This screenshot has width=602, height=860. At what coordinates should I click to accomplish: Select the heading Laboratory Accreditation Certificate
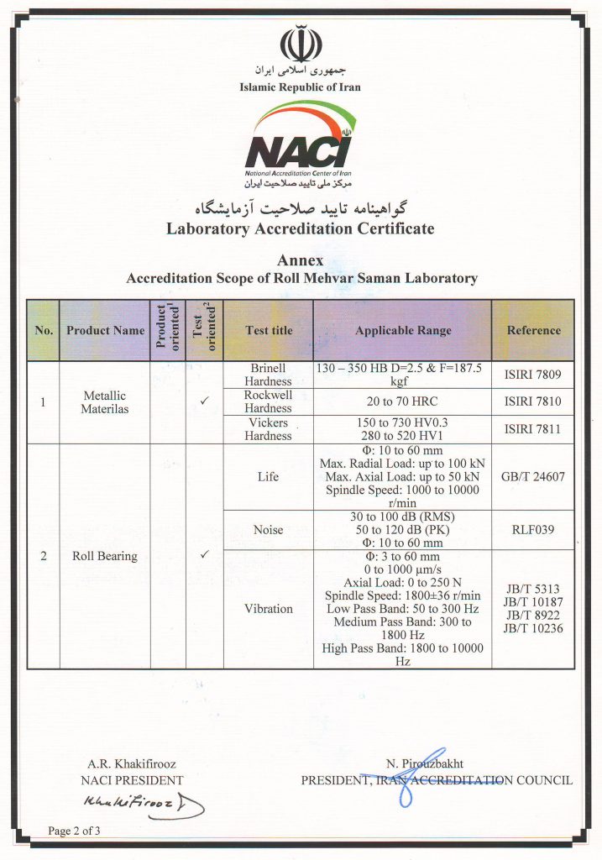pos(300,228)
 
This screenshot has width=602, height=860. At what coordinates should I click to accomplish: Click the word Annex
pos(300,261)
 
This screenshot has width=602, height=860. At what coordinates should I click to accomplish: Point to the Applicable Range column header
pos(403,331)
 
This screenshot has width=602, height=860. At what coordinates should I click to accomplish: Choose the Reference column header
pos(533,331)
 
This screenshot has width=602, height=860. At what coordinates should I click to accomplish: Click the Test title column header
pos(269,331)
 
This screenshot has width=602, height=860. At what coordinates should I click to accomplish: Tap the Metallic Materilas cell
pos(105,402)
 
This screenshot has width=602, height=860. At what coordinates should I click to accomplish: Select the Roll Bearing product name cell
pos(105,555)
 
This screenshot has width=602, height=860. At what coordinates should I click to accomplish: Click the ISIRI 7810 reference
pos(533,401)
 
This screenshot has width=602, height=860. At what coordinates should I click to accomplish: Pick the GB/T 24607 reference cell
pos(533,476)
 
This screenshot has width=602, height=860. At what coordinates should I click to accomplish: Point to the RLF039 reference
pos(533,530)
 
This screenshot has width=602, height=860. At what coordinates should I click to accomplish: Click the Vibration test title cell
pos(269,609)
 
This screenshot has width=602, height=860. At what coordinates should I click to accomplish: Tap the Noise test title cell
pos(269,530)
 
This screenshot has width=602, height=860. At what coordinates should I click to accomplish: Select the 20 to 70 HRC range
pos(403,401)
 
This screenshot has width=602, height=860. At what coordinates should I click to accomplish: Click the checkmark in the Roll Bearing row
pos(204,555)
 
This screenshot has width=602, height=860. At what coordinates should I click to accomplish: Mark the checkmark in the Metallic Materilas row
pos(204,401)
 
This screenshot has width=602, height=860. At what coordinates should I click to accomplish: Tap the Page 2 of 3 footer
pos(75,831)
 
